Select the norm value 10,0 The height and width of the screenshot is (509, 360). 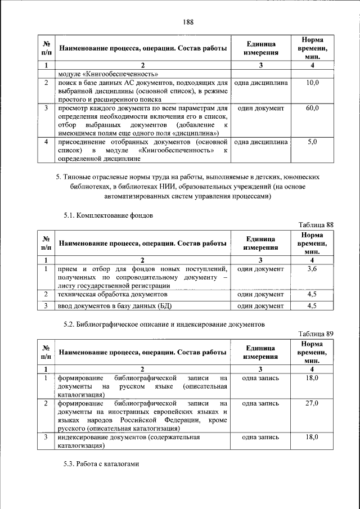[312, 83]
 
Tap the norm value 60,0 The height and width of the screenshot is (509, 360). [312, 108]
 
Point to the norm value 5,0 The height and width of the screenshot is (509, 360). [312, 143]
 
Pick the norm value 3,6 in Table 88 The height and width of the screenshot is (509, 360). [312, 269]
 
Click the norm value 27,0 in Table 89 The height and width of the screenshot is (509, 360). [312, 403]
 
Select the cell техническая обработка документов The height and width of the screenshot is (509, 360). [112, 294]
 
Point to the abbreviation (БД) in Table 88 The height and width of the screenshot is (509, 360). [167, 306]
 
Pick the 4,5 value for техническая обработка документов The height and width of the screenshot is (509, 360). [312, 294]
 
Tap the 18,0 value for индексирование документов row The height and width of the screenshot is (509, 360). [312, 437]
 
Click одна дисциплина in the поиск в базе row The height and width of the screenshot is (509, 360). [260, 83]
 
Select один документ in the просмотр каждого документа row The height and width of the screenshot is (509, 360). [260, 108]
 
